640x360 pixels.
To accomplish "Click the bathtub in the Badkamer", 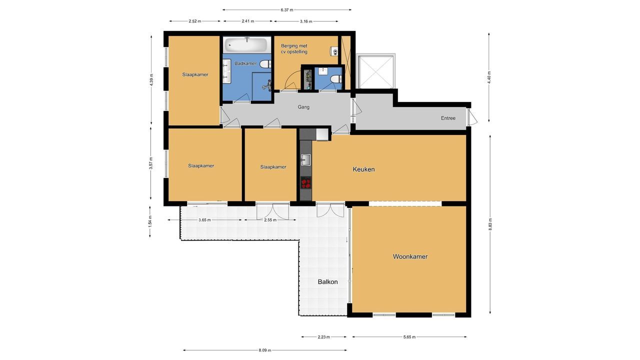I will pyautogui.click(x=247, y=45).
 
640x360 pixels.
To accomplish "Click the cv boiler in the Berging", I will pyautogui.click(x=334, y=51).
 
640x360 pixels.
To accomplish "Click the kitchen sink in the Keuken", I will pyautogui.click(x=305, y=160).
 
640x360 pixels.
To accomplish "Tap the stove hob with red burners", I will pyautogui.click(x=305, y=182).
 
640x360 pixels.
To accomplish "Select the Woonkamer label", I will pyautogui.click(x=410, y=256).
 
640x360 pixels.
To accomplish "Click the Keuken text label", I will pyautogui.click(x=363, y=169).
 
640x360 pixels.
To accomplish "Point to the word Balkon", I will pyautogui.click(x=327, y=282).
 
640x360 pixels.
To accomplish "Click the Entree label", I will pyautogui.click(x=448, y=118).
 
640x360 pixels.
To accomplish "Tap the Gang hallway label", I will pyautogui.click(x=303, y=107).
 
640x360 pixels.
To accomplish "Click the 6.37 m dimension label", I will pyautogui.click(x=287, y=9).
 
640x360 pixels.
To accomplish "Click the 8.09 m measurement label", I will pyautogui.click(x=265, y=350).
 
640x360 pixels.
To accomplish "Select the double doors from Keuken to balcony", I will pyautogui.click(x=330, y=210).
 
